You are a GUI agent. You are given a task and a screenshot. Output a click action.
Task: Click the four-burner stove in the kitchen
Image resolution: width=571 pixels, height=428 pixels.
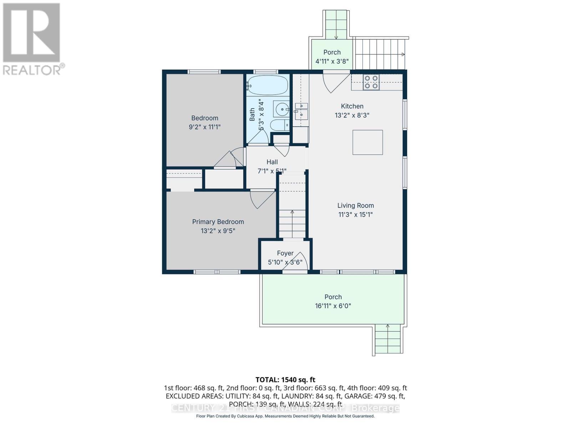371,82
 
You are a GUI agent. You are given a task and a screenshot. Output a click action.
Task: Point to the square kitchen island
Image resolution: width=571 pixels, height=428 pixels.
368,142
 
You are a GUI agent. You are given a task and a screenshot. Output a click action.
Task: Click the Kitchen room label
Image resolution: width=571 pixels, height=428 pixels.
352,106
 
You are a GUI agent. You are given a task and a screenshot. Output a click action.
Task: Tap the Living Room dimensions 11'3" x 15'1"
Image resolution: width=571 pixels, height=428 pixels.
355,214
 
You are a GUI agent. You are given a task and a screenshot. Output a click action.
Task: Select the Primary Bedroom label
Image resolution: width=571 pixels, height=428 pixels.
218,221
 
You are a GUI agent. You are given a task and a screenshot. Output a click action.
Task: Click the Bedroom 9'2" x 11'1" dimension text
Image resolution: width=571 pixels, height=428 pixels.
204,127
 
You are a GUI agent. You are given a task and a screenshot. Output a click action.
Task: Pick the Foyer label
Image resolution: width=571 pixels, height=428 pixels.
285,253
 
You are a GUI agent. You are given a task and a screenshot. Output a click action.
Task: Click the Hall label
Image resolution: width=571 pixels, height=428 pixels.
272,162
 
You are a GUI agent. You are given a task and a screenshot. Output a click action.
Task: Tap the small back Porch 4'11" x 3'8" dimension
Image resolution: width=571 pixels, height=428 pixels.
332,61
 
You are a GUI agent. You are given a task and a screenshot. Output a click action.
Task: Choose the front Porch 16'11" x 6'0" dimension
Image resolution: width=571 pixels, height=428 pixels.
333,306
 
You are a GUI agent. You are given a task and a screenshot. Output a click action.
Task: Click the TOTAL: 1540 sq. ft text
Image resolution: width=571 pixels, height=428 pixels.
285,379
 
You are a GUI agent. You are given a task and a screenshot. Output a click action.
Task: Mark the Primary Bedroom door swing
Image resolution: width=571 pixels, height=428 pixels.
261,200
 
